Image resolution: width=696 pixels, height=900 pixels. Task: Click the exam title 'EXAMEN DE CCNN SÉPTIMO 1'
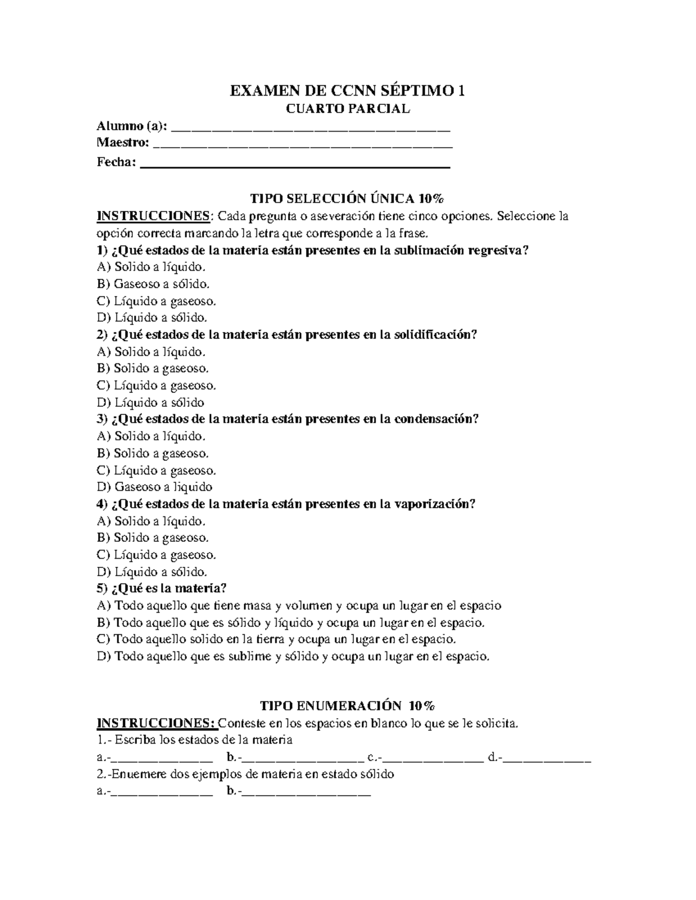347,91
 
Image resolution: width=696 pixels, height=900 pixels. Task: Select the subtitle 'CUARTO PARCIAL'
347,108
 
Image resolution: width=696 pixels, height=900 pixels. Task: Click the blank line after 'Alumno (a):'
311,127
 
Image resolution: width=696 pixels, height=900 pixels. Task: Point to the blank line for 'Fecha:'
295,163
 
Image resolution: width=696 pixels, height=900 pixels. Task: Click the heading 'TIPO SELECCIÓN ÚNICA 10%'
347,199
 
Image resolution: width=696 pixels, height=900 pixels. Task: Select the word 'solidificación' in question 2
434,335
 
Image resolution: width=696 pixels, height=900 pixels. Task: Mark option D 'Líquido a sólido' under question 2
151,402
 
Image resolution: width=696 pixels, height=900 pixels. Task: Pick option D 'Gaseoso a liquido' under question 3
155,487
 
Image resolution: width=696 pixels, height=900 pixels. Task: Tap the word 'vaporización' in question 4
434,504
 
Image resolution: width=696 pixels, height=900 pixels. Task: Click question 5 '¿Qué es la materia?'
162,588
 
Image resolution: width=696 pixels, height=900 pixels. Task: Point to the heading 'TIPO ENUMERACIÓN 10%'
347,706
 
